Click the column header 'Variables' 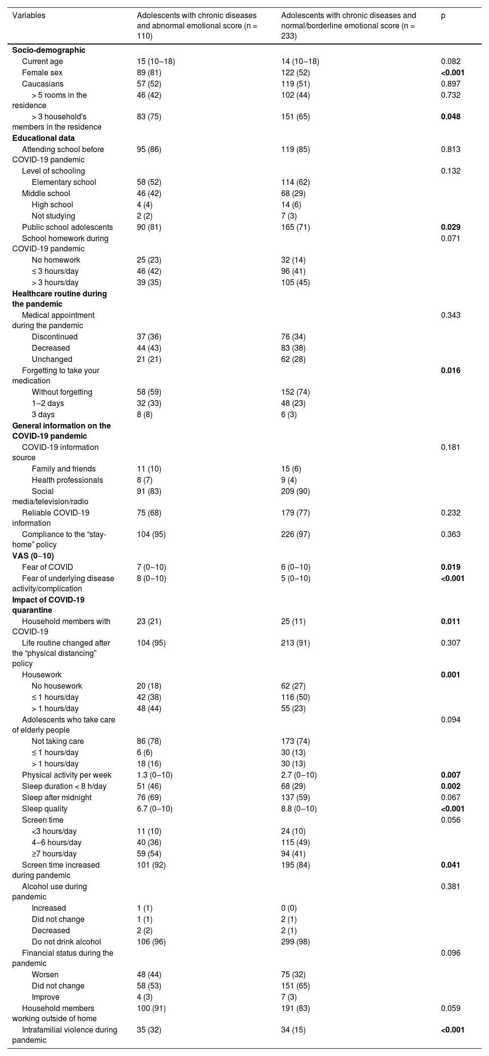click(29, 15)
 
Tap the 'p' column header click(443, 15)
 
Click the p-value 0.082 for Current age click(450, 62)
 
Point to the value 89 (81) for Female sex click(149, 73)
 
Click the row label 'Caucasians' click(43, 84)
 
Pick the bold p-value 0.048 click(450, 116)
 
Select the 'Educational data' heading click(44, 138)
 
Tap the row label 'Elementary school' click(64, 182)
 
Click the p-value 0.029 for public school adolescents click(450, 227)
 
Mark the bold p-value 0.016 click(450, 370)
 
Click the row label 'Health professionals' click(67, 480)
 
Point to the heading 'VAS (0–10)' click(33, 556)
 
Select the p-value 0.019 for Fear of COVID click(450, 567)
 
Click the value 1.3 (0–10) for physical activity click(155, 775)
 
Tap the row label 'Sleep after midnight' click(57, 797)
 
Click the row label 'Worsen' click(45, 974)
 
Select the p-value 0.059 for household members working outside click(450, 1008)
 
